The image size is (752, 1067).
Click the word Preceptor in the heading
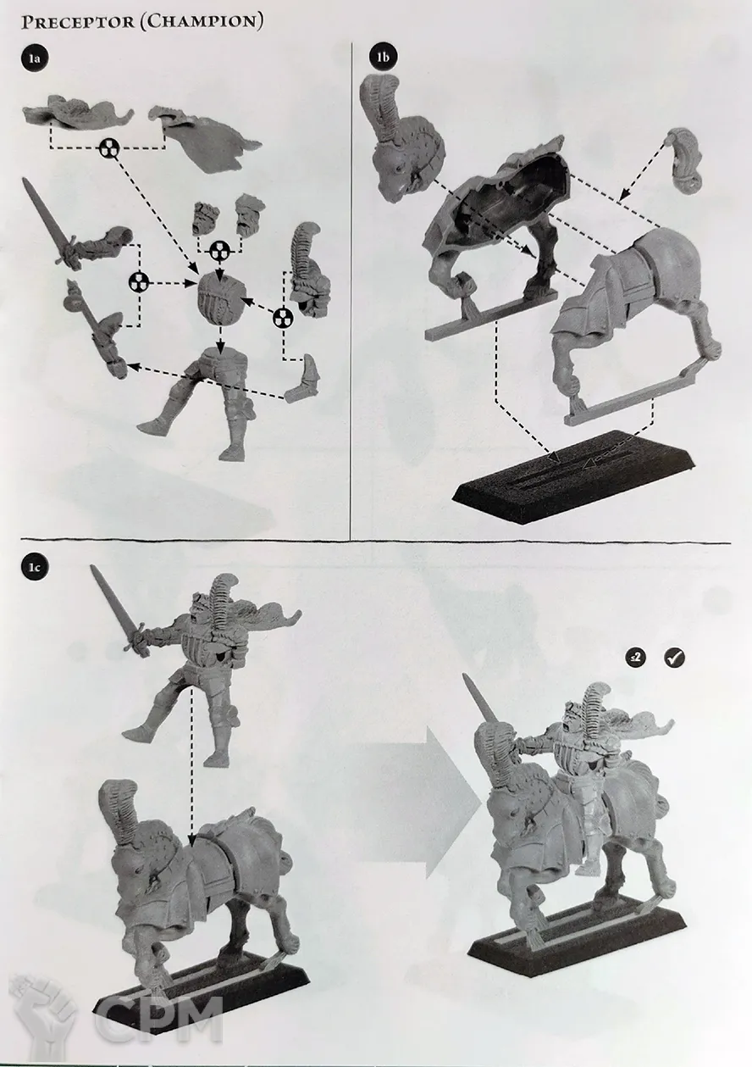(78, 22)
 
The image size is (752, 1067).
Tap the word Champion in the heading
(202, 22)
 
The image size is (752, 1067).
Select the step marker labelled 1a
(34, 58)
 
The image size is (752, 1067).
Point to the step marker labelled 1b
(382, 57)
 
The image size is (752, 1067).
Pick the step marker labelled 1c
(34, 567)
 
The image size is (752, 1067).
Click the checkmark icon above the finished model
(673, 659)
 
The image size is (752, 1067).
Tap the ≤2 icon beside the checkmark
(635, 659)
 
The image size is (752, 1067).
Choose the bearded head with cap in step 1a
(250, 214)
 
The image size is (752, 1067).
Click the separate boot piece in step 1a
(301, 380)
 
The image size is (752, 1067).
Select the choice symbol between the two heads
(220, 251)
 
